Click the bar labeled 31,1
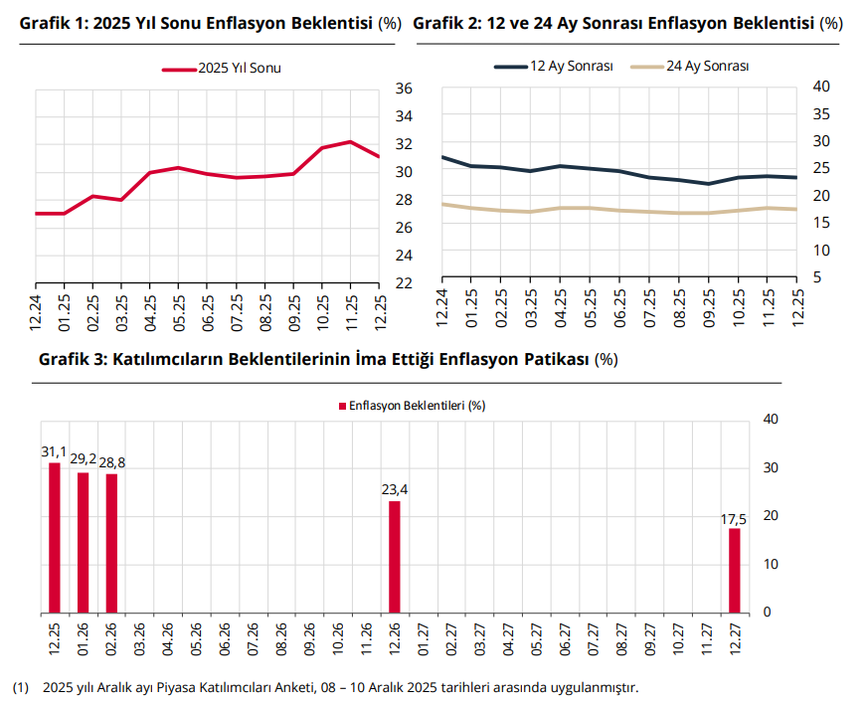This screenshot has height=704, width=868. point(55,537)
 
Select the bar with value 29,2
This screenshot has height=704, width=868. point(84,542)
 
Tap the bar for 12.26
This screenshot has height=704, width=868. point(395,556)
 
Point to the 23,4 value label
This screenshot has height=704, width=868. point(395,490)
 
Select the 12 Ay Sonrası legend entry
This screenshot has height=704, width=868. point(553,66)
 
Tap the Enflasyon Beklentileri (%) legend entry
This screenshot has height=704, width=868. point(413,406)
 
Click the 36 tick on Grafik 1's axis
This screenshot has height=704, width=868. point(404,88)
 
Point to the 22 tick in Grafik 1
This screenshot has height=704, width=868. point(404,283)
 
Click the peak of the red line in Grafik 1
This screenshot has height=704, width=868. point(351,142)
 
